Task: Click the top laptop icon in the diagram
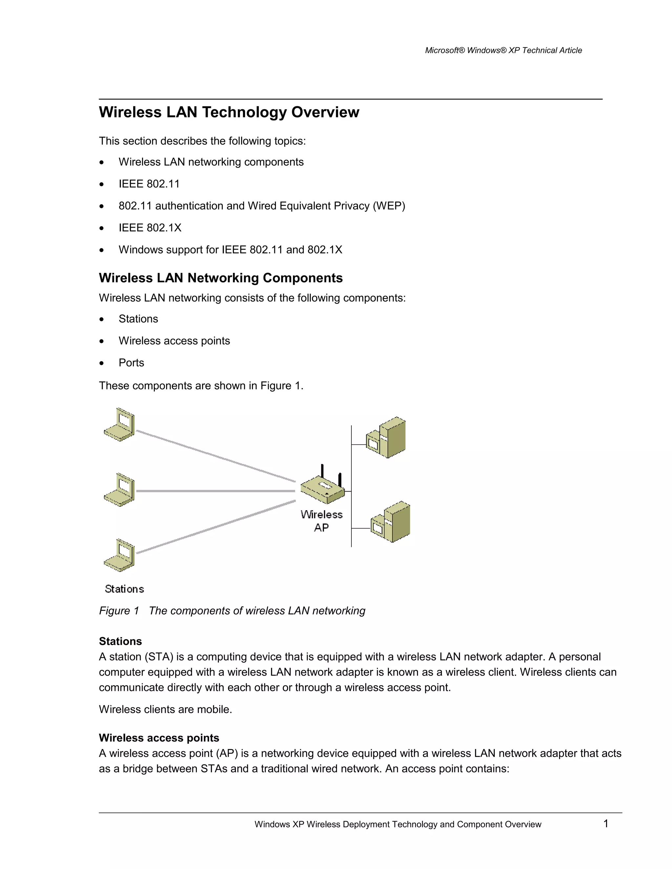tap(120, 425)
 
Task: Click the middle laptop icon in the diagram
tap(120, 490)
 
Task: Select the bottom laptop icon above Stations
tap(120, 556)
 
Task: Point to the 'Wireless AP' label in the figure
tap(322, 521)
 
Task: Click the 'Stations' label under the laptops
tap(124, 589)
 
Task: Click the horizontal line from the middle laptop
tap(215, 491)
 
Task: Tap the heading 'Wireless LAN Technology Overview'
tap(229, 112)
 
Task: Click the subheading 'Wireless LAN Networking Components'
tap(220, 278)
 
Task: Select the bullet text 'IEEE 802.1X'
tap(150, 228)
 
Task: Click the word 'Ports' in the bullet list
tap(131, 362)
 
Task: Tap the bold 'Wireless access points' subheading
tap(159, 738)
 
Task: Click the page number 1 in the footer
tap(605, 824)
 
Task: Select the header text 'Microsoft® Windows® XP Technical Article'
tap(503, 50)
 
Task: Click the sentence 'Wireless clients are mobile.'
tap(165, 709)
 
